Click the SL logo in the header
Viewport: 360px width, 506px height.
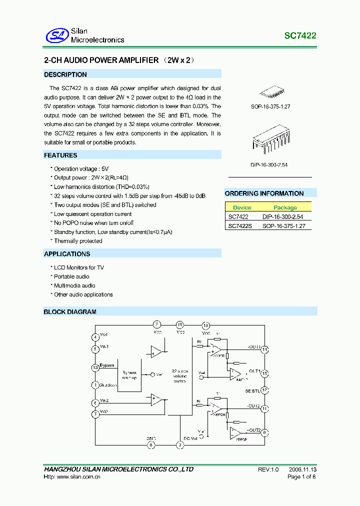pyautogui.click(x=56, y=35)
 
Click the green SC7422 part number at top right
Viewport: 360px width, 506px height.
pyautogui.click(x=300, y=36)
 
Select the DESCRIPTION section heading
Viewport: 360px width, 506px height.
pyautogui.click(x=65, y=74)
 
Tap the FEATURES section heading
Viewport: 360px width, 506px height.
pyautogui.click(x=60, y=155)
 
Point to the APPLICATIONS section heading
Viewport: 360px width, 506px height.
pyautogui.click(x=67, y=254)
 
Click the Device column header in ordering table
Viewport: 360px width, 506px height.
pyautogui.click(x=242, y=207)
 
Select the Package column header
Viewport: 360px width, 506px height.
pyautogui.click(x=285, y=207)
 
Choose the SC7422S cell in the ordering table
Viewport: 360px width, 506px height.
pyautogui.click(x=240, y=226)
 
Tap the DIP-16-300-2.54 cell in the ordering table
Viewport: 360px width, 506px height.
pyautogui.click(x=283, y=217)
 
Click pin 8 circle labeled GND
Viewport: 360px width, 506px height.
pyautogui.click(x=151, y=444)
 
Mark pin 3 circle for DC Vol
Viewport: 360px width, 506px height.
pyautogui.click(x=180, y=444)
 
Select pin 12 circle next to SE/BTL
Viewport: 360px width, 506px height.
pyautogui.click(x=265, y=390)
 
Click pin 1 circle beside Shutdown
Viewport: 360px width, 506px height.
pyautogui.click(x=95, y=385)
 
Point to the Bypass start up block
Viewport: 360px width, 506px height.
pyautogui.click(x=129, y=375)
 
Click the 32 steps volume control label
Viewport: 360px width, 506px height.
pyautogui.click(x=179, y=376)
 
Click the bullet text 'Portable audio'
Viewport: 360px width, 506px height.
pyautogui.click(x=71, y=276)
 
